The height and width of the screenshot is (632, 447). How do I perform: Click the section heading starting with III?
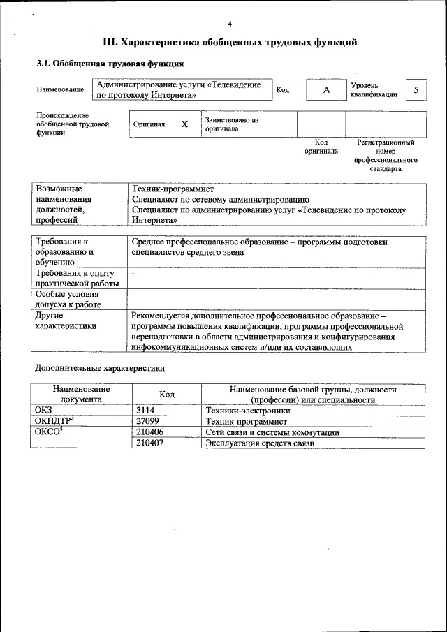[x=230, y=43]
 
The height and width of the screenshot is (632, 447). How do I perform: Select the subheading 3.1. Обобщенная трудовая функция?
[x=110, y=64]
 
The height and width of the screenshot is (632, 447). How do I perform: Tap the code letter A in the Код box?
[x=325, y=90]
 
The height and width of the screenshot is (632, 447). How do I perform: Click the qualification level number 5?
[x=416, y=89]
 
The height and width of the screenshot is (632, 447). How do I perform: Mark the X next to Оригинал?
[x=184, y=124]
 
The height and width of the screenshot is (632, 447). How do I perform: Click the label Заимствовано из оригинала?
[x=232, y=124]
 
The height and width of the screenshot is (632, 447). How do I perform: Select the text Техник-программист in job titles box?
[x=173, y=189]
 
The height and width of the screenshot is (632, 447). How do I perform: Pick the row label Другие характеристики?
[x=67, y=320]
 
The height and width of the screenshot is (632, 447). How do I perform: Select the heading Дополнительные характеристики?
[x=100, y=367]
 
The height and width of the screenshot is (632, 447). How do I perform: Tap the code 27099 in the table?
[x=148, y=422]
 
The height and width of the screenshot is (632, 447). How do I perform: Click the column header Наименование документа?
[x=81, y=395]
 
